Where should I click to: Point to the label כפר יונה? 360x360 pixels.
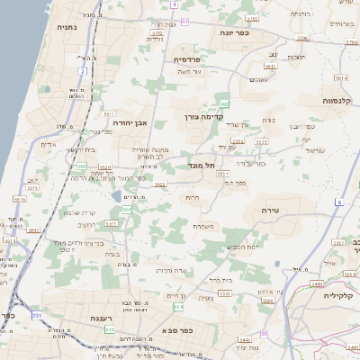point(232,32)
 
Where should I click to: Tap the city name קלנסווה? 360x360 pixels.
point(341,101)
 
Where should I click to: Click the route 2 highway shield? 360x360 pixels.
point(82,69)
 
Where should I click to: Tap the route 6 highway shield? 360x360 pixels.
point(339,202)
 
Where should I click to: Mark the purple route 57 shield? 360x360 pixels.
point(184,21)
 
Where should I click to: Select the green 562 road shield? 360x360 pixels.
point(224,105)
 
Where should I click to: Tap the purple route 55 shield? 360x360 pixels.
point(265,335)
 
